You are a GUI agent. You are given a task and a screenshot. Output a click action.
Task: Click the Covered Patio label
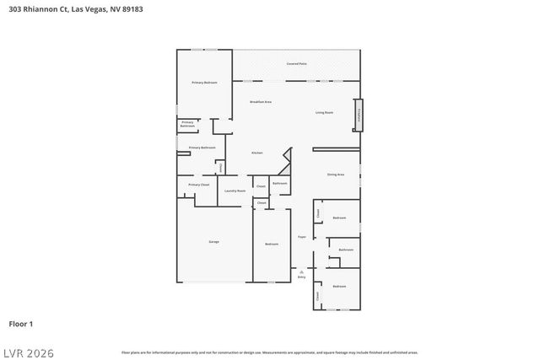click(x=296, y=64)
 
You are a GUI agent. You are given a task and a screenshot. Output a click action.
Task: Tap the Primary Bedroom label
click(x=204, y=83)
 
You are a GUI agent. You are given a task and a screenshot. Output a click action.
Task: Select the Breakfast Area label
click(x=261, y=102)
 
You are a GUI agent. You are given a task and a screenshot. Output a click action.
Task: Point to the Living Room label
click(x=324, y=112)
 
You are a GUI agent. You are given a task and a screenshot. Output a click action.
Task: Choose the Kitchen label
click(x=257, y=153)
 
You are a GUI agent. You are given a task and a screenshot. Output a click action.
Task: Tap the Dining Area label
click(x=336, y=175)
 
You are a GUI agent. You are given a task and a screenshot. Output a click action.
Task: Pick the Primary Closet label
click(x=199, y=185)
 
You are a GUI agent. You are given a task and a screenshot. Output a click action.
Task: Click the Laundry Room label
click(x=235, y=191)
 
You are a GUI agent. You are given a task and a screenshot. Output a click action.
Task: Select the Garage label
click(x=214, y=242)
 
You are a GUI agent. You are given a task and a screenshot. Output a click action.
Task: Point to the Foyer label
click(x=301, y=237)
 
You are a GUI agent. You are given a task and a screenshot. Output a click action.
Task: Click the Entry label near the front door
click(x=301, y=277)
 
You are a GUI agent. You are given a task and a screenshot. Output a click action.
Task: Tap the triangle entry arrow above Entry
click(x=301, y=271)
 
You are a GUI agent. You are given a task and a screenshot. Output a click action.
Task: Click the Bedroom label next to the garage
click(x=272, y=244)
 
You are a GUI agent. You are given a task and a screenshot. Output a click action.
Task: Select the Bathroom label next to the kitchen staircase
click(x=279, y=183)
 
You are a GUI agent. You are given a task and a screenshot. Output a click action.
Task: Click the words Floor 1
click(x=21, y=324)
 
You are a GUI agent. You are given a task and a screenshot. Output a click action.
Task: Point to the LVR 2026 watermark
click(x=28, y=352)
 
